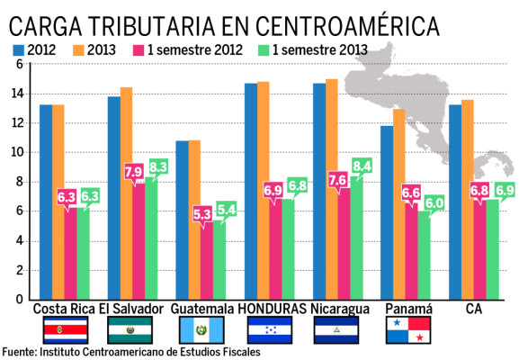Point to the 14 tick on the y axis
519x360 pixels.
[x=18, y=94]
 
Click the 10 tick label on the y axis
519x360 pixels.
[x=18, y=152]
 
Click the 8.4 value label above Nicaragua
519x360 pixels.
[x=362, y=165]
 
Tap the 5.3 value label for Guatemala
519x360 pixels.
[x=203, y=214]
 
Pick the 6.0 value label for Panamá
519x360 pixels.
[x=434, y=203]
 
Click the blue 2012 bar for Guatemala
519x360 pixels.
[x=182, y=220]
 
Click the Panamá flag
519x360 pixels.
[x=409, y=330]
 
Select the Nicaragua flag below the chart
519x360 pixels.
[x=339, y=330]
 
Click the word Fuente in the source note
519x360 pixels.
[x=19, y=352]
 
